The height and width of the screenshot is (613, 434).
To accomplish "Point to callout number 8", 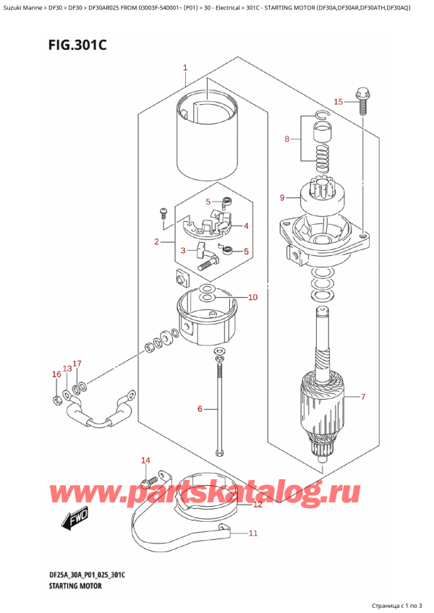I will point(287,139).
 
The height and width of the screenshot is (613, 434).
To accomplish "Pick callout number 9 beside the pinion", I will point(282,196).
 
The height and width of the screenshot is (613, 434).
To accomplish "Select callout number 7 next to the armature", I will point(363,397).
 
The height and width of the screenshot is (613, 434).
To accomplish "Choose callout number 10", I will point(253,297).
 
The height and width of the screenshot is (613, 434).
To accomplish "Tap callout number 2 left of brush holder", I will point(157,241).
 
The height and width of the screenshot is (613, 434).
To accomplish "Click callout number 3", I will point(184,251).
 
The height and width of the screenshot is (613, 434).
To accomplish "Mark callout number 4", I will point(246,226).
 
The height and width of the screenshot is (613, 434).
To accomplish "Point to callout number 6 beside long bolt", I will point(200,410).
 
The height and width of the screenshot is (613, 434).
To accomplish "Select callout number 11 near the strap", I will point(253,534).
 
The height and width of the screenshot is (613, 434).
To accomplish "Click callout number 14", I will point(145,460).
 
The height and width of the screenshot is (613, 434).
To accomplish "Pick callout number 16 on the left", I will point(56,374).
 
